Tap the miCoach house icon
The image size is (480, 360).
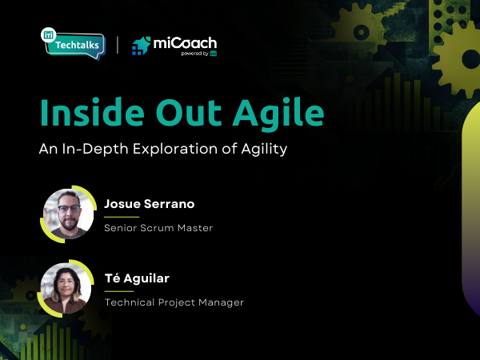click(x=142, y=46)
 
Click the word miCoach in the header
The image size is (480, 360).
click(x=185, y=43)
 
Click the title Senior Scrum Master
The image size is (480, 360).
click(x=158, y=228)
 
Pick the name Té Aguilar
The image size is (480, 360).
click(x=137, y=278)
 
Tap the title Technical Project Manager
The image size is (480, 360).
click(x=174, y=302)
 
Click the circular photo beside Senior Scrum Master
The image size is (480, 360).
click(x=68, y=214)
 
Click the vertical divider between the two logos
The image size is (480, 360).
click(x=118, y=45)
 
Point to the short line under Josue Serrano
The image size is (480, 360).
click(x=122, y=216)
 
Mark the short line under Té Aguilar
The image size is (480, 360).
click(x=119, y=290)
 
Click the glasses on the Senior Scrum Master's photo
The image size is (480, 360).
click(x=69, y=207)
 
